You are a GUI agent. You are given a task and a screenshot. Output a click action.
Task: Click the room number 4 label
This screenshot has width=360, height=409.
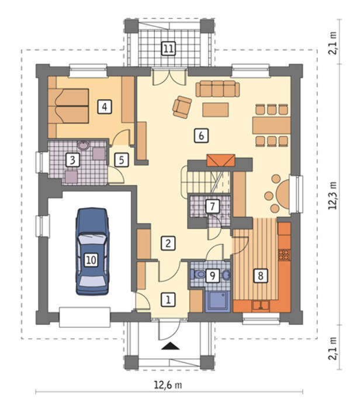tap(105, 106)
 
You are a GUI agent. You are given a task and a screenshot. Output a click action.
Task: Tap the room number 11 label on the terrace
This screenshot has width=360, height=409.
tap(168, 48)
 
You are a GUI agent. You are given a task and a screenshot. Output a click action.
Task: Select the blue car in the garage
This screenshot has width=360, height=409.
tap(92, 251)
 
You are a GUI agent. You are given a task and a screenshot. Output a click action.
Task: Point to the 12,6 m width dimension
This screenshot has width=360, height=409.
tap(168, 384)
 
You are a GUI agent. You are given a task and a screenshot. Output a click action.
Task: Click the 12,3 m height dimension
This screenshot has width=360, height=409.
tap(333, 196)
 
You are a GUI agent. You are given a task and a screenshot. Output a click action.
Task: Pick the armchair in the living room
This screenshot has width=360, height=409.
tap(182, 107)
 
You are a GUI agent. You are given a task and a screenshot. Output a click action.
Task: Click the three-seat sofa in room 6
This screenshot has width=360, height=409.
tap(217, 89)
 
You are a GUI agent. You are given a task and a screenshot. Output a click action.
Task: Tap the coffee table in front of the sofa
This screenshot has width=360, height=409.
tap(216, 110)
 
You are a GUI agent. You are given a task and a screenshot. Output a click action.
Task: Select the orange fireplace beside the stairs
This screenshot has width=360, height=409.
tap(221, 161)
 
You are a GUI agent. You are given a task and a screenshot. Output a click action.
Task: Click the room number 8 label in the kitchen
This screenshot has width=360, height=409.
tap(260, 275)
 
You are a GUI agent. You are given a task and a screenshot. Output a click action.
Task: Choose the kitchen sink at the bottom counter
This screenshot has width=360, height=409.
tap(261, 306)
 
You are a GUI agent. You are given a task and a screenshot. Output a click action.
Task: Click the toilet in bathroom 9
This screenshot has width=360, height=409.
tap(199, 275)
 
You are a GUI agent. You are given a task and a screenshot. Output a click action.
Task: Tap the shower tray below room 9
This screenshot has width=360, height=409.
tap(217, 301)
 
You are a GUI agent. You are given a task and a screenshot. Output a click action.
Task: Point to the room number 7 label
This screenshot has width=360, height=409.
tap(212, 207)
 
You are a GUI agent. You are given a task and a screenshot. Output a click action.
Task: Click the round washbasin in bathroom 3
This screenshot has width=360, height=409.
tap(84, 145)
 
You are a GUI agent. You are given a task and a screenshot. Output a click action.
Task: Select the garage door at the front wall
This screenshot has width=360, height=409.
tap(85, 317)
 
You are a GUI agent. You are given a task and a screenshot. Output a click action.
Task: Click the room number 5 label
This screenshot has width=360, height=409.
tap(122, 160)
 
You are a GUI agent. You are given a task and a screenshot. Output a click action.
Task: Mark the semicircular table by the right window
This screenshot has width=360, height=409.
tap(283, 194)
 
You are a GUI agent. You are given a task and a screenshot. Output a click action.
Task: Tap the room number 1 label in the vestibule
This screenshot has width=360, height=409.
tap(168, 299)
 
